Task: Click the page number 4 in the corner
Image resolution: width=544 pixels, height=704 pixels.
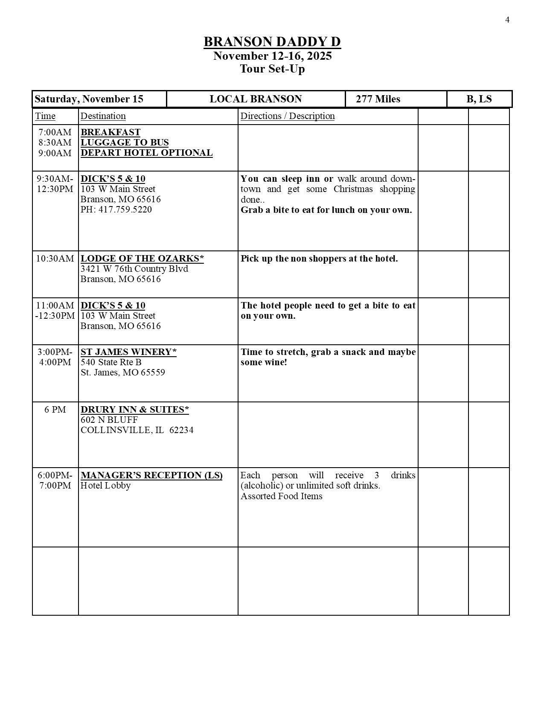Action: click(507, 20)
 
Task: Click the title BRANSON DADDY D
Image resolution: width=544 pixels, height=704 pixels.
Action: click(272, 42)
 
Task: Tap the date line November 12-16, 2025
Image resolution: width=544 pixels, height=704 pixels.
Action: click(272, 56)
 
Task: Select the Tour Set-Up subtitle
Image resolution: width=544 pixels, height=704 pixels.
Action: click(272, 69)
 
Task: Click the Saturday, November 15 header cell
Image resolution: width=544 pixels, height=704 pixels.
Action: click(89, 99)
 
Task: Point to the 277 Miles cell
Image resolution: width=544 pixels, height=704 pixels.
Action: click(378, 99)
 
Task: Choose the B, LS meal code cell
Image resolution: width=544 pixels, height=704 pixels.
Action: click(479, 99)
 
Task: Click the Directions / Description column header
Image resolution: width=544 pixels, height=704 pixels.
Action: click(288, 116)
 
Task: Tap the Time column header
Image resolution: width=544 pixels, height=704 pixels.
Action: click(45, 116)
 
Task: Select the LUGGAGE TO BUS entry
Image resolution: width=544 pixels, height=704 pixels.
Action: click(125, 143)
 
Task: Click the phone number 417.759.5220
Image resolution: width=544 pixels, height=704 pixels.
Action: click(116, 209)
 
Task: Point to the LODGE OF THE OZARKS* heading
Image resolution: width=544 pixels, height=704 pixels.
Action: click(142, 259)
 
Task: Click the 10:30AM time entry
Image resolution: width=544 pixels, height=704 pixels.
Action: click(55, 259)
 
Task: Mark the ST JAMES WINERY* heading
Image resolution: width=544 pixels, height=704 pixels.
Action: click(128, 352)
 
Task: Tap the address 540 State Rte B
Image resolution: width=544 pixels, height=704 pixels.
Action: click(111, 362)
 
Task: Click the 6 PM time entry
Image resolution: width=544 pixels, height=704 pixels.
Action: click(55, 410)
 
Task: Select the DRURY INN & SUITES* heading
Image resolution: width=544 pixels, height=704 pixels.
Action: click(135, 410)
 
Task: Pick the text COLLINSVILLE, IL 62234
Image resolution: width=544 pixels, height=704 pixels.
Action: click(137, 430)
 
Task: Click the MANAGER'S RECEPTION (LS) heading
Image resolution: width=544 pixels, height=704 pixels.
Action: click(151, 475)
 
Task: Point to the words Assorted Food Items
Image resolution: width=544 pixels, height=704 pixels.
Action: click(281, 496)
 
